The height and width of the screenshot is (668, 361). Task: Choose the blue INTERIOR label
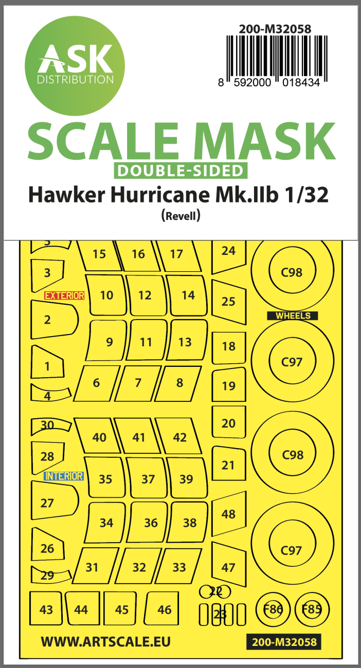[64, 476]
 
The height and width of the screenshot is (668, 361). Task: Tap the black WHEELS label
[293, 316]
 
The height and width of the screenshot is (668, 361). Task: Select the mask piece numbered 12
[146, 295]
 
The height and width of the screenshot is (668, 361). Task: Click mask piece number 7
[138, 383]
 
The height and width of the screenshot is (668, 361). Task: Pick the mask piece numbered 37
[148, 479]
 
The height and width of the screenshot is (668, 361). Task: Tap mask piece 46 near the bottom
[164, 609]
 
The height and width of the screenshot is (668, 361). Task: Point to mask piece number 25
[228, 302]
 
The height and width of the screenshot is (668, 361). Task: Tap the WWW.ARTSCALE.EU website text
[105, 641]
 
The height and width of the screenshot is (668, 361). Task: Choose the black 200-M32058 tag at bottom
[284, 642]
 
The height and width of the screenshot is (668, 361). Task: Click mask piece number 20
[228, 423]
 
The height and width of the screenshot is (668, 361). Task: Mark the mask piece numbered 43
[46, 609]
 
